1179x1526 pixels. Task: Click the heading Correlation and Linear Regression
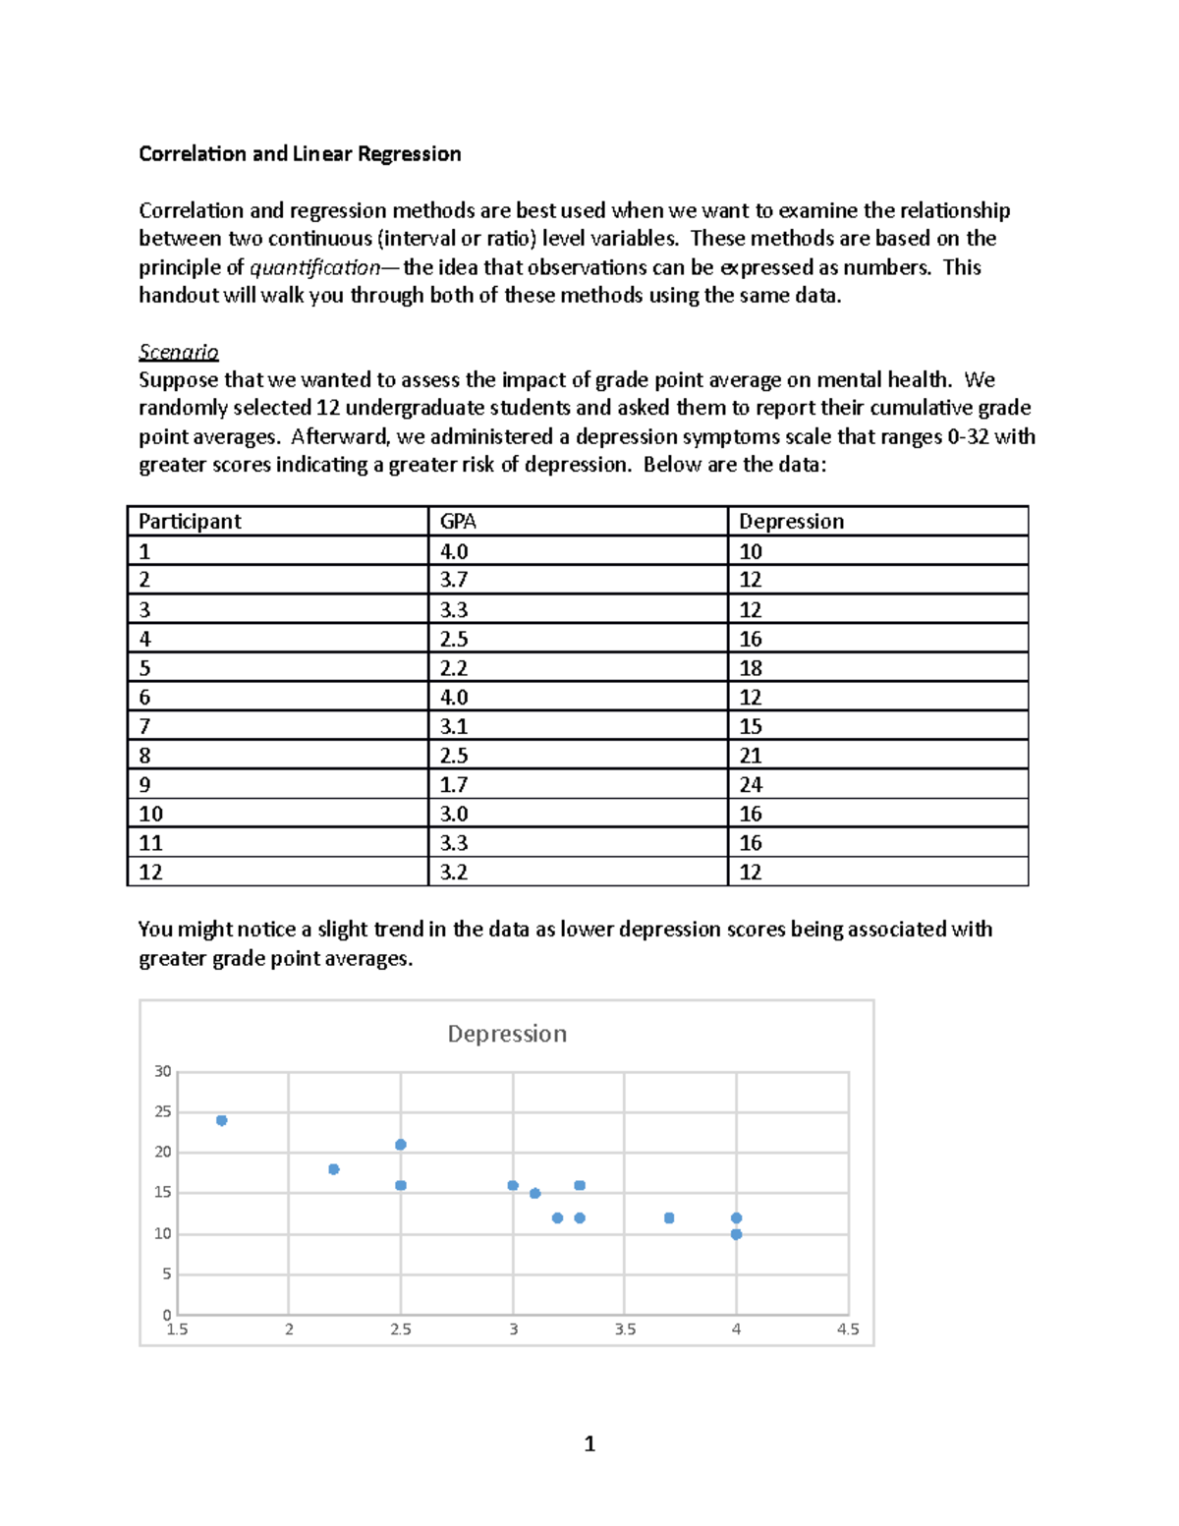click(x=300, y=153)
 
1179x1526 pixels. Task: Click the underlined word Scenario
click(x=178, y=352)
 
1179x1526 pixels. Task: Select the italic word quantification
click(x=314, y=267)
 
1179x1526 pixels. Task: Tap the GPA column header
click(x=458, y=522)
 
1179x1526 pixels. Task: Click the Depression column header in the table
click(x=791, y=522)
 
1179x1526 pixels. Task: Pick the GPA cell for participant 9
click(x=454, y=785)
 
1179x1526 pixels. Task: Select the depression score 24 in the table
click(x=751, y=785)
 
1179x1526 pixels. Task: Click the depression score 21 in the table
click(x=751, y=756)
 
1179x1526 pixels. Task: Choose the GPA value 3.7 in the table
click(x=454, y=580)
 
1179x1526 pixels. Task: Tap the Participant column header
click(x=190, y=522)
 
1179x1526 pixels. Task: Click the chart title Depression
click(x=507, y=1034)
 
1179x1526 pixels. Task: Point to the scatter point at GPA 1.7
click(x=222, y=1120)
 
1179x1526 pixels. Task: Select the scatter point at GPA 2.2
click(x=334, y=1169)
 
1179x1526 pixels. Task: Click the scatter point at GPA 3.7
click(x=669, y=1218)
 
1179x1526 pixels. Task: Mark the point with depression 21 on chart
click(x=401, y=1145)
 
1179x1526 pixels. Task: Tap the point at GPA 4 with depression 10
click(x=737, y=1234)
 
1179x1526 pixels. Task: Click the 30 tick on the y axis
click(x=163, y=1071)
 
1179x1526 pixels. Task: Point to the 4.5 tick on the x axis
click(x=848, y=1329)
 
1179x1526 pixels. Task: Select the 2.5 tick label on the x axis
click(x=401, y=1329)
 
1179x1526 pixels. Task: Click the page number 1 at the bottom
click(x=589, y=1443)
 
